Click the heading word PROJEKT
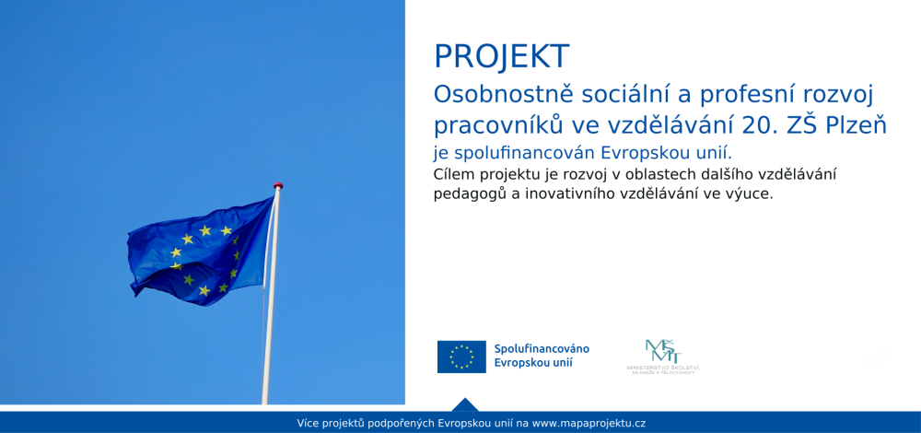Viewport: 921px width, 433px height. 502,57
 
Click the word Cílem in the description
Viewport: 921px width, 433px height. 452,175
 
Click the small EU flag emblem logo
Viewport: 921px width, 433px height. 461,357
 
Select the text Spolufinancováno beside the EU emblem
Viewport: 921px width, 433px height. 542,349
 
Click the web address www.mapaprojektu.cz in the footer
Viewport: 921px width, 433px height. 589,423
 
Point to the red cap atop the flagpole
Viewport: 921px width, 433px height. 278,185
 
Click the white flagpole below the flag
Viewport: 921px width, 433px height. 269,350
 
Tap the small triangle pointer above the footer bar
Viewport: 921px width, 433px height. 465,404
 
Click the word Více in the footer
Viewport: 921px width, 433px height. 309,423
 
